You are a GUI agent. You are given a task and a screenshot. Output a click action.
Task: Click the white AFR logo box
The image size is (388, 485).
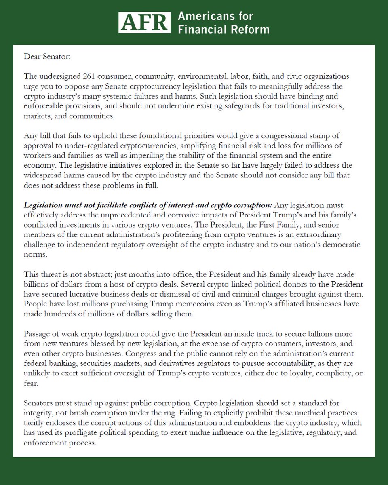(x=143, y=23)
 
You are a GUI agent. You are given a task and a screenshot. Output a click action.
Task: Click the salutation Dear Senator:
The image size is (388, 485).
(x=47, y=56)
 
